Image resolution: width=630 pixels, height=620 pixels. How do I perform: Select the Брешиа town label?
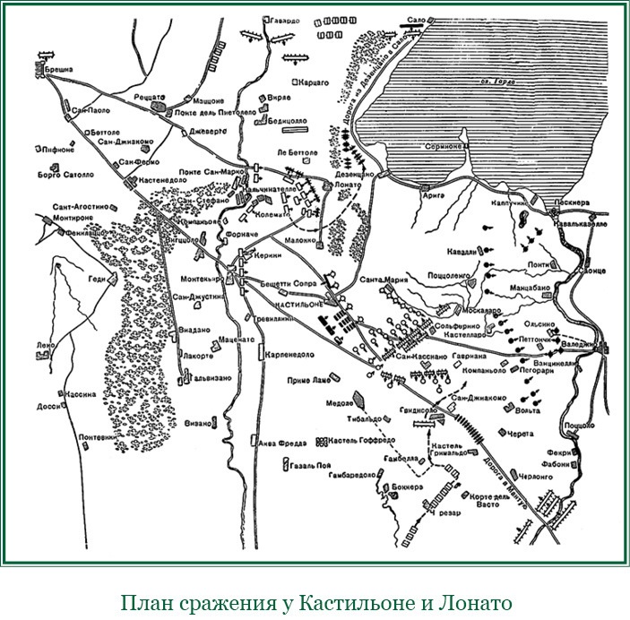pos(54,67)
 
